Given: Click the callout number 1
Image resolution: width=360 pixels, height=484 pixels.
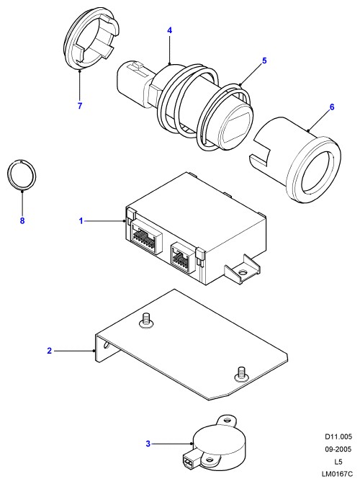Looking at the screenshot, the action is tap(81, 221).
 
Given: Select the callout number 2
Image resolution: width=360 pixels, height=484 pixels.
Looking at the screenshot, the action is tap(50, 351).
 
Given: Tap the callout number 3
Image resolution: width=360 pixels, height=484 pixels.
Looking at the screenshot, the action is tap(148, 444).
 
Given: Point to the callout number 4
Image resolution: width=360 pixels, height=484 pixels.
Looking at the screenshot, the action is tap(170, 30).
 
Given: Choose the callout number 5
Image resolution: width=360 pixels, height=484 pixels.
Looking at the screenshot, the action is tap(264, 60).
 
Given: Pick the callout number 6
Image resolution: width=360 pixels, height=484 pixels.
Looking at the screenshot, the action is tap(332, 107).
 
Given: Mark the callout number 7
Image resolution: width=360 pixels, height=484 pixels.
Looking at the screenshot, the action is tap(80, 106).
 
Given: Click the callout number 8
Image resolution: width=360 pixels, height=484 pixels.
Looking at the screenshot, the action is tap(22, 221).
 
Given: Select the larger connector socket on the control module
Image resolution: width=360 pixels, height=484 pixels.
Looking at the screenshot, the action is tap(147, 236).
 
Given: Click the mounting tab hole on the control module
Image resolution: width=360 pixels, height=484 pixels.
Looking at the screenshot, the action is tap(242, 273).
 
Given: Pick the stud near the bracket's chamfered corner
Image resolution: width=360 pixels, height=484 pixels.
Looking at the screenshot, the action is tap(241, 374).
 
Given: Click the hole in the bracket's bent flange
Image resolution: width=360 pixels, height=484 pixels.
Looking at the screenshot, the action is tap(106, 344).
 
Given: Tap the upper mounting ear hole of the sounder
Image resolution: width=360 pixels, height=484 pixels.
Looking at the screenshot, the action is tap(228, 421).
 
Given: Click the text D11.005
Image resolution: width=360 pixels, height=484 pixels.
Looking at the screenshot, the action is tap(338, 436).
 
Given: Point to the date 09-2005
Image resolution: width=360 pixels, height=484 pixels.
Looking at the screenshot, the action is tap(338, 449).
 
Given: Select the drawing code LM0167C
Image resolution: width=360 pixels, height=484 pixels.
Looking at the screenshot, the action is tap(337, 474).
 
